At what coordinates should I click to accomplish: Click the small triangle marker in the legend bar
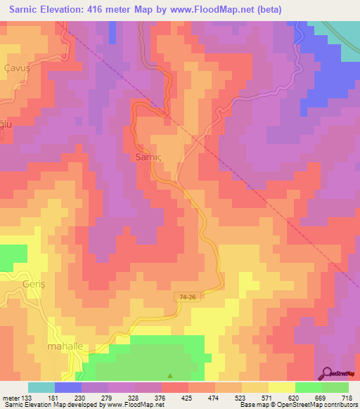(168, 376)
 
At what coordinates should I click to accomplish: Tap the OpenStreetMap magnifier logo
(327, 373)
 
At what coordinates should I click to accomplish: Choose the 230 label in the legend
(89, 397)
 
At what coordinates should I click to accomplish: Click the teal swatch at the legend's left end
(41, 387)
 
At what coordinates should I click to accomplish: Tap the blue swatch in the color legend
(68, 387)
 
